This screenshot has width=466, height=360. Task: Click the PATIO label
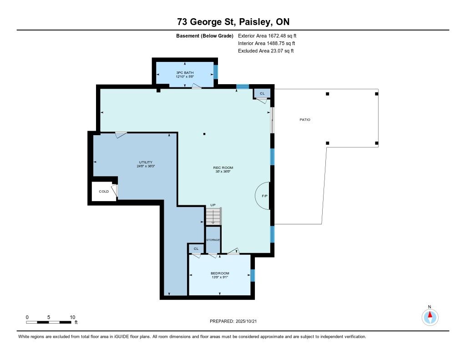pyautogui.click(x=304, y=120)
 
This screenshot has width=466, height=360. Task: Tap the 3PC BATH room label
pyautogui.click(x=185, y=72)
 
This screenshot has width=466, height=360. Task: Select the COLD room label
pyautogui.click(x=104, y=192)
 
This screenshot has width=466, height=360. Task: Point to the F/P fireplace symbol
pyautogui.click(x=263, y=196)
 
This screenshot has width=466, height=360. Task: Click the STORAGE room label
pyautogui.click(x=213, y=240)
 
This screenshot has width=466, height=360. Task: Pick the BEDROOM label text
pyautogui.click(x=220, y=273)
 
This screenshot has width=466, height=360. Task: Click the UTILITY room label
pyautogui.click(x=146, y=162)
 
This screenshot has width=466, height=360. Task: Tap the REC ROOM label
pyautogui.click(x=223, y=167)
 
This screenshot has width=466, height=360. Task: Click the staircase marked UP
pyautogui.click(x=213, y=216)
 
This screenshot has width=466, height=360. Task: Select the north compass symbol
pyautogui.click(x=430, y=317)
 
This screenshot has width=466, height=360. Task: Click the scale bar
pyautogui.click(x=49, y=322)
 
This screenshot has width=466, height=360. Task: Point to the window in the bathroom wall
pyautogui.click(x=216, y=72)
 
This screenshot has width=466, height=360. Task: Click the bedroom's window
pyautogui.click(x=253, y=275)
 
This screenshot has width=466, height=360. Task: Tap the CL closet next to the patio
pyautogui.click(x=262, y=93)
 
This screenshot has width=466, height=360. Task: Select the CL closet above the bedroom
pyautogui.click(x=196, y=248)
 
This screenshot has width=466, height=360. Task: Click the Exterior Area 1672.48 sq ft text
pyautogui.click(x=267, y=36)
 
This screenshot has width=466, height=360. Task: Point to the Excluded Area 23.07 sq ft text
pyautogui.click(x=266, y=51)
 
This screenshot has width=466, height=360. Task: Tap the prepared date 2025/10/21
pyautogui.click(x=246, y=321)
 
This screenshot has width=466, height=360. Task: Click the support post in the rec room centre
pyautogui.click(x=204, y=134)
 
